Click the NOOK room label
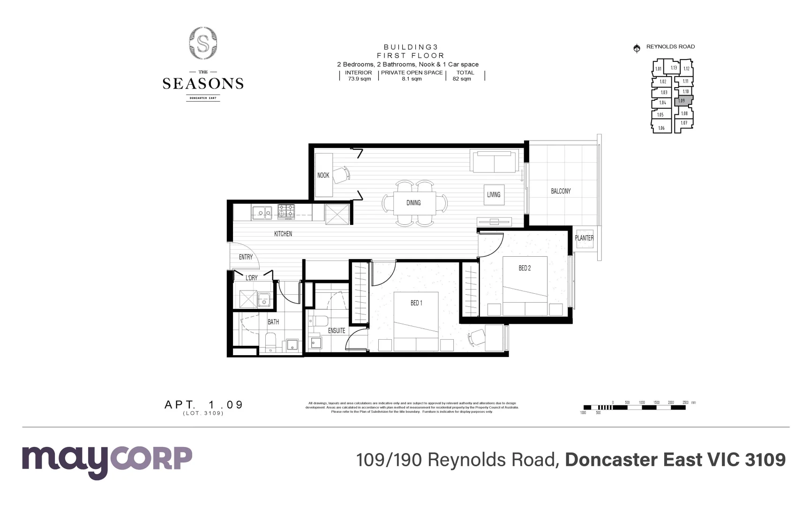tap(323, 175)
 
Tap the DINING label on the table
tap(413, 203)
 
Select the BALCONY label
tap(561, 191)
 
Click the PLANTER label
tap(584, 238)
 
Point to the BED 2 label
tap(525, 268)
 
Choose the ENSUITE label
tap(336, 331)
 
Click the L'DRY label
tap(252, 278)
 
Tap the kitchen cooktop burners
tap(286, 212)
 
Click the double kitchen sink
tap(262, 213)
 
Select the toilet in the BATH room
tap(271, 342)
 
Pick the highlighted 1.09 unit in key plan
tap(682, 101)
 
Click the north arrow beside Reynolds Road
tap(637, 48)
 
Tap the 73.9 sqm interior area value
tap(359, 79)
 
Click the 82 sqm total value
tap(462, 79)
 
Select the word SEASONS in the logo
tap(203, 84)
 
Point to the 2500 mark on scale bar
tap(685, 402)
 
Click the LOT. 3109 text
tap(203, 413)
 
